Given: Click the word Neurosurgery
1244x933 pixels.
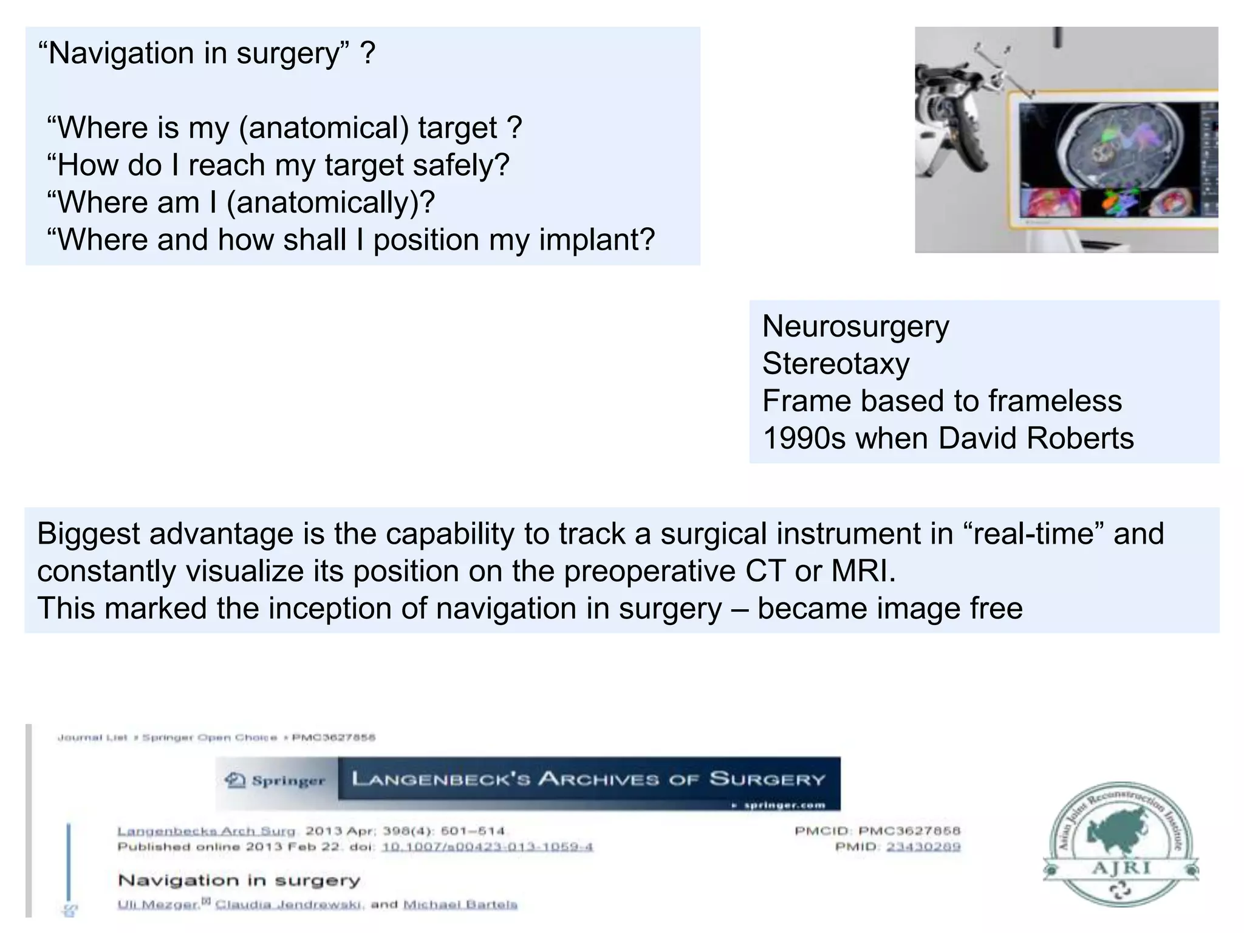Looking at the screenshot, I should (x=855, y=327).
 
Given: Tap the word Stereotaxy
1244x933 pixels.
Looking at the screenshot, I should (x=836, y=364).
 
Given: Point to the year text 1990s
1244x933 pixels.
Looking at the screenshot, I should (x=804, y=438).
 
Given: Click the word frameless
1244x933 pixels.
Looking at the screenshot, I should (x=1055, y=401).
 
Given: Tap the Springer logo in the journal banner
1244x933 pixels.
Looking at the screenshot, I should (x=276, y=781).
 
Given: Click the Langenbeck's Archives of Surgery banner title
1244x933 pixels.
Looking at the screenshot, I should (x=588, y=779).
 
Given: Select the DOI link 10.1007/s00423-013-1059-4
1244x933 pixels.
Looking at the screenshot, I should (x=487, y=847).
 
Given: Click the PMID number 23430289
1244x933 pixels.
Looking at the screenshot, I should (x=923, y=847).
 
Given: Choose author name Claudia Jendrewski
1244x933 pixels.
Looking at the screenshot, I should (x=289, y=904).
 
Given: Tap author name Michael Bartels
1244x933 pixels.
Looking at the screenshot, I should (x=460, y=904).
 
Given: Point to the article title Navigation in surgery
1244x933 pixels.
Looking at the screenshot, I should (x=239, y=880).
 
